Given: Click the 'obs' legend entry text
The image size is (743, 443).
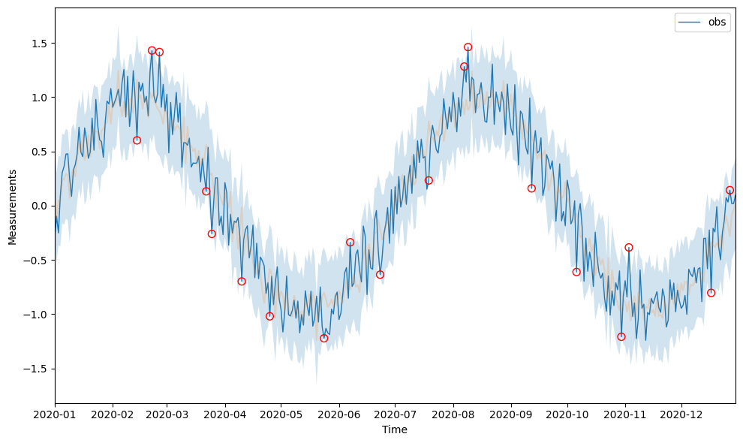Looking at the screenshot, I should pyautogui.click(x=717, y=23).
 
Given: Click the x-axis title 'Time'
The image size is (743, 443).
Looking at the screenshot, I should pyautogui.click(x=395, y=429).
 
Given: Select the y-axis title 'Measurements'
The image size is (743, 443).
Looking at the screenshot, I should pyautogui.click(x=12, y=206).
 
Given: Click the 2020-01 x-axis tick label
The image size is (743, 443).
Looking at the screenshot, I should pyautogui.click(x=55, y=414).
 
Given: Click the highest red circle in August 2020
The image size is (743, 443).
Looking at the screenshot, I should pyautogui.click(x=468, y=47).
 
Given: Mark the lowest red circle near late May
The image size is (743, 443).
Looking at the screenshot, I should pyautogui.click(x=323, y=338).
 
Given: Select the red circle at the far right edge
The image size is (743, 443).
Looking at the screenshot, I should pyautogui.click(x=729, y=191).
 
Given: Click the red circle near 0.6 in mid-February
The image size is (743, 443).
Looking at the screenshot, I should pyautogui.click(x=137, y=140).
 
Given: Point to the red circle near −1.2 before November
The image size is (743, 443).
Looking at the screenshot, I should pyautogui.click(x=621, y=336).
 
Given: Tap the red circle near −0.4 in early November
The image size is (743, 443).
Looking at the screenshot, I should pyautogui.click(x=629, y=248).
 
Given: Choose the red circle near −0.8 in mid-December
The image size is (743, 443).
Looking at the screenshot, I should pyautogui.click(x=711, y=293).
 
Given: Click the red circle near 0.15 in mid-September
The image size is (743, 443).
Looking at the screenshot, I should pyautogui.click(x=531, y=188).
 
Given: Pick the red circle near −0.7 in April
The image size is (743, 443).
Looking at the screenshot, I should pyautogui.click(x=242, y=282).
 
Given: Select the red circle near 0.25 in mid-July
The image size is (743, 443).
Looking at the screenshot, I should pyautogui.click(x=429, y=180).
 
